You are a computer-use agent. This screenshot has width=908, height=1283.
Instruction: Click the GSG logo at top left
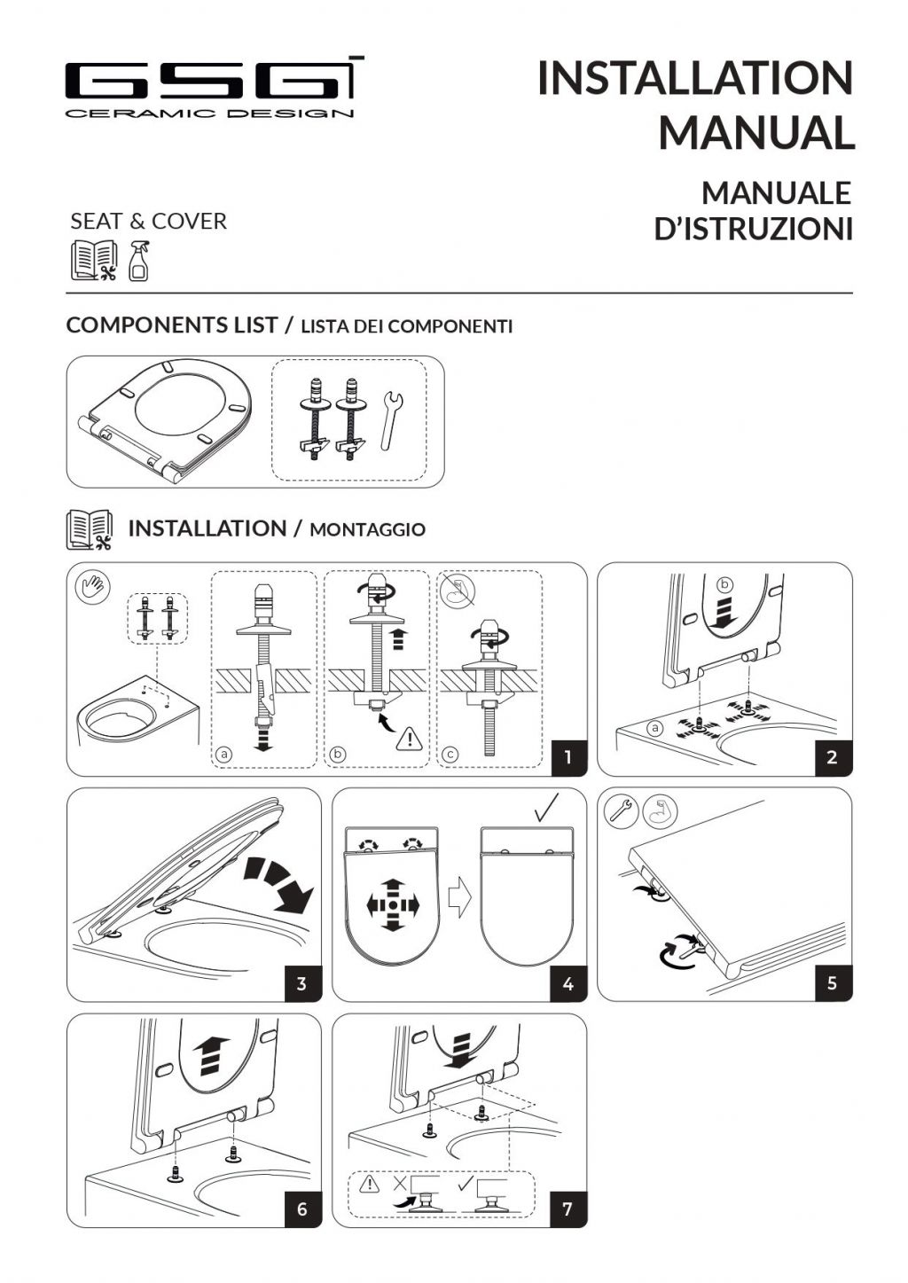tap(214, 87)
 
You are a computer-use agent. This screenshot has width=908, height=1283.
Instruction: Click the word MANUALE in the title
tap(776, 193)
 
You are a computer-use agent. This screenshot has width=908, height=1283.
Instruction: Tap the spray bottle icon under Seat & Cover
tap(139, 262)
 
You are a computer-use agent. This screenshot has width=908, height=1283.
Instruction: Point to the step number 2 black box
tap(834, 758)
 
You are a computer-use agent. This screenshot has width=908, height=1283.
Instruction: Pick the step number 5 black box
tap(834, 983)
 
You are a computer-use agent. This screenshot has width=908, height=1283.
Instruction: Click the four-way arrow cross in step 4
tap(393, 905)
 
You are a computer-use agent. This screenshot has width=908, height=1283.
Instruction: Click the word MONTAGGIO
tap(368, 530)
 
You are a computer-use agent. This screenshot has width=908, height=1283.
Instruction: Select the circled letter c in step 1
tap(450, 755)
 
